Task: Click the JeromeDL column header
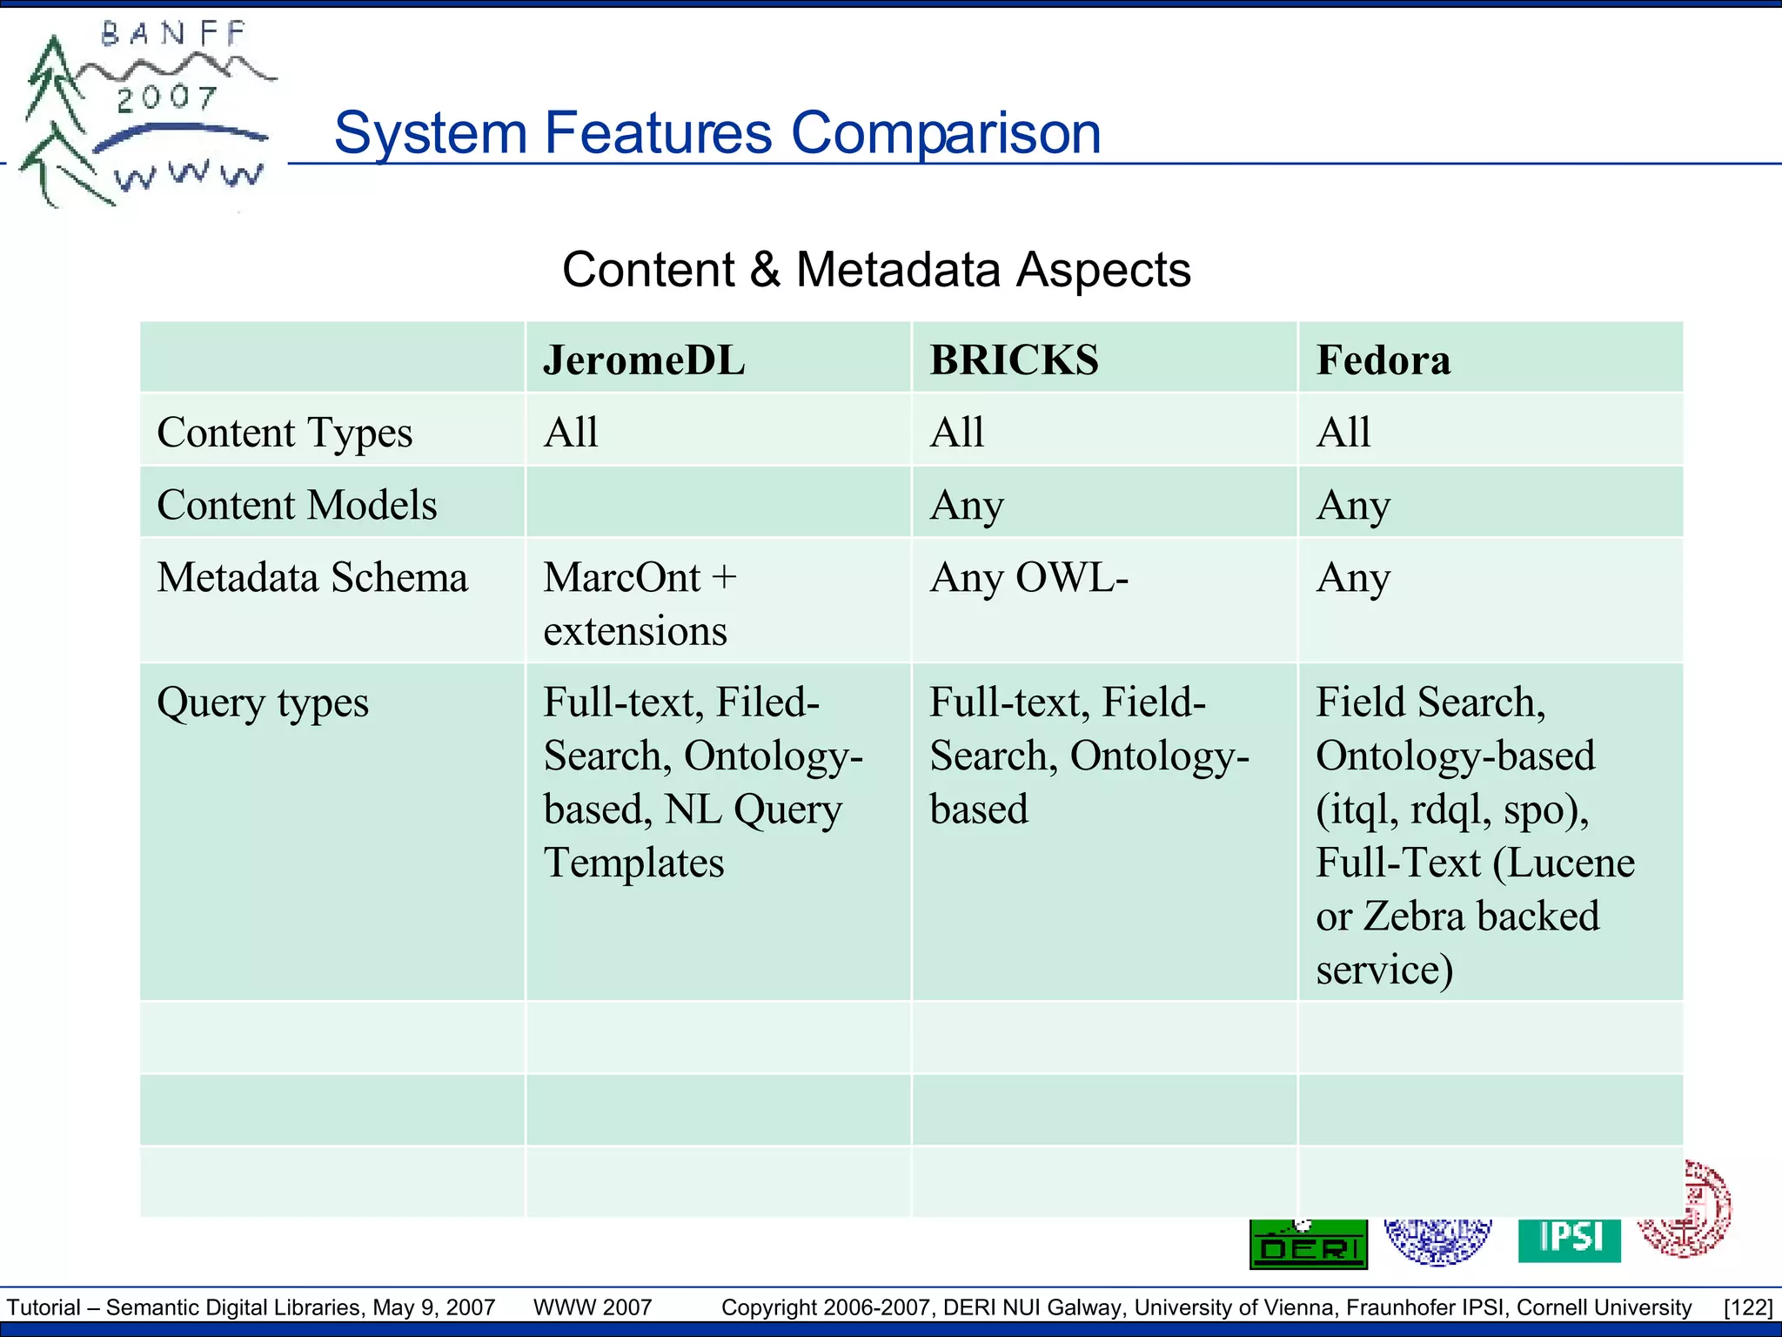644,360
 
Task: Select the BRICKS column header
1014,360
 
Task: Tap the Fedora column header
1383,360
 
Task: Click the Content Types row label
285,433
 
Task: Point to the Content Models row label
297,505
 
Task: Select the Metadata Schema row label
312,578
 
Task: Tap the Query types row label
263,703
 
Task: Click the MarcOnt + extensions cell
640,603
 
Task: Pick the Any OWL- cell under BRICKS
1028,578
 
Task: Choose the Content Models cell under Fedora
1353,505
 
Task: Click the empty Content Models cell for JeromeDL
718,502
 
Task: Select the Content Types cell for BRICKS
957,433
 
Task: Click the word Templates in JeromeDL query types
633,863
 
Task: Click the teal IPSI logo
1570,1240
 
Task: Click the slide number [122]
1747,1307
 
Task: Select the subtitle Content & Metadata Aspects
876,270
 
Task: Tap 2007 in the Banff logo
166,97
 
